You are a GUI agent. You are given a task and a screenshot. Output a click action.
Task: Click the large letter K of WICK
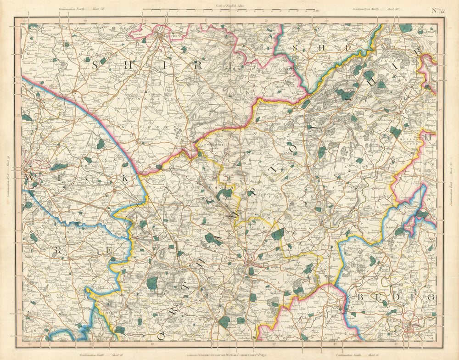124,179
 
